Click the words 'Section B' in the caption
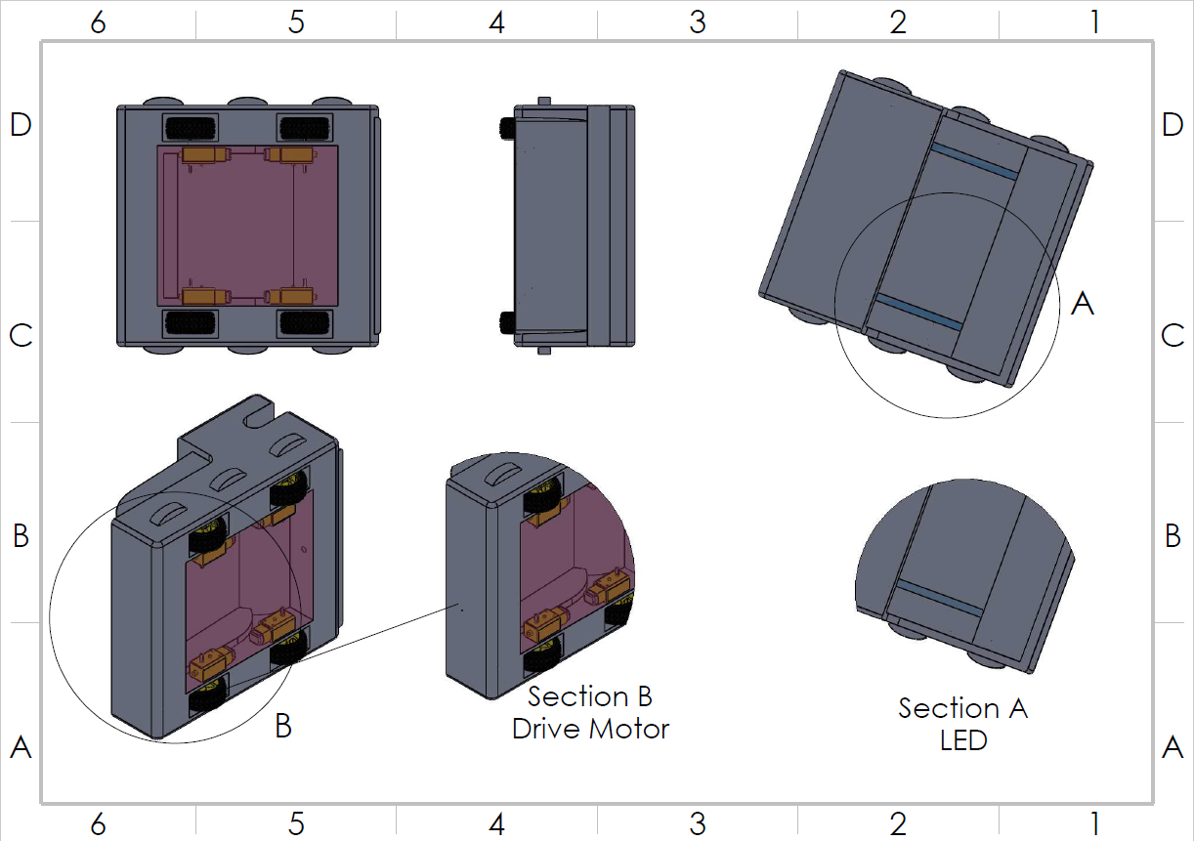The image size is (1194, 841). pos(589,696)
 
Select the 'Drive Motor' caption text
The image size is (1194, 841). pos(590,729)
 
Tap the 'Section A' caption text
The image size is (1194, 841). pos(962,708)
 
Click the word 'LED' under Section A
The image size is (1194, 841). pos(963,740)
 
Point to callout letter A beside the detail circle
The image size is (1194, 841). pos(1082,304)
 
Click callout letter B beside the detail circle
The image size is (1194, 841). pos(283,726)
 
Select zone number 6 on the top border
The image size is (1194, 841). pos(98,22)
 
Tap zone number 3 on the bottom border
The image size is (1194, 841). pos(697,823)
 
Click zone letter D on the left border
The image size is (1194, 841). pos(21,124)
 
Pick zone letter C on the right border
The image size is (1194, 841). pos(1173,335)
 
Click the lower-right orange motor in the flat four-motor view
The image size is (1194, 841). pos(290,295)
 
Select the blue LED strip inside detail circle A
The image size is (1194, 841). pos(919,309)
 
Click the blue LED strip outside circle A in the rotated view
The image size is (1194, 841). pos(974,161)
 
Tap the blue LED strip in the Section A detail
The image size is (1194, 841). pos(939,597)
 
